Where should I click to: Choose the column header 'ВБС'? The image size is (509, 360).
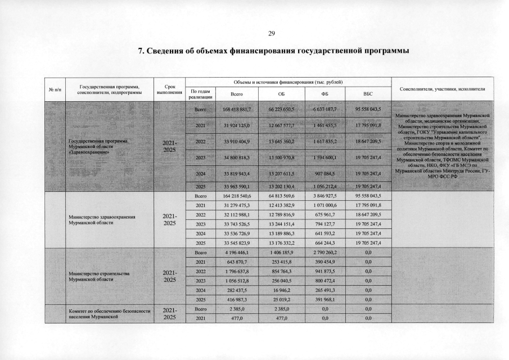point(368,93)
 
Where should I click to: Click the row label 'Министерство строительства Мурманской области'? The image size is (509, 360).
point(99,276)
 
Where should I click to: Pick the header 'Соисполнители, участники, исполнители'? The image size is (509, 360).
point(442,89)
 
